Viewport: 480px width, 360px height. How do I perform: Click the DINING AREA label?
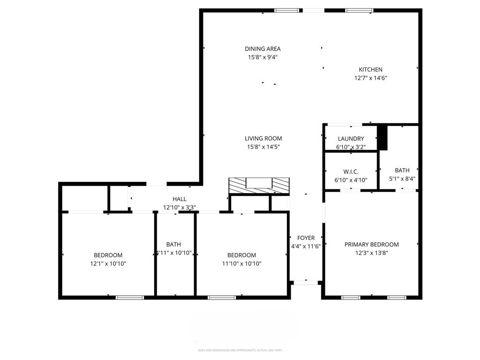(262, 49)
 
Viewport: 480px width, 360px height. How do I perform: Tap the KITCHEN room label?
(370, 70)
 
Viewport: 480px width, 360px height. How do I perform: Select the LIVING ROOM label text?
(263, 138)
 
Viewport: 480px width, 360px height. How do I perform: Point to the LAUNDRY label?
(351, 139)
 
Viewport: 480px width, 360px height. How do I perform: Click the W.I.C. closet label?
(351, 172)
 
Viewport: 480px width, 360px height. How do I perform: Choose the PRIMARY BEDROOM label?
(371, 244)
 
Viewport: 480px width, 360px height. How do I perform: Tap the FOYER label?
(306, 238)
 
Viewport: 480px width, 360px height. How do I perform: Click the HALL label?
(179, 199)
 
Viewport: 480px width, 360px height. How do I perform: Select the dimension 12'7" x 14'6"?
(370, 78)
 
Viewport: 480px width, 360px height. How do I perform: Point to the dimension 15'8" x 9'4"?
(262, 57)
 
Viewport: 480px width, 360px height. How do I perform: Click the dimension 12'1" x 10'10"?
(108, 263)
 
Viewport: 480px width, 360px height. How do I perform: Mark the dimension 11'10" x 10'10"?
(241, 263)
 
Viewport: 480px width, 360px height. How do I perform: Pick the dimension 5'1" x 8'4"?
(402, 179)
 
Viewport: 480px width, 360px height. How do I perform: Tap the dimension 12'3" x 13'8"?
(371, 253)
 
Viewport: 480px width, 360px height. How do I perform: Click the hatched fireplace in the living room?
(259, 186)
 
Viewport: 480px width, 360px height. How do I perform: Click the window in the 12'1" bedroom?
(130, 297)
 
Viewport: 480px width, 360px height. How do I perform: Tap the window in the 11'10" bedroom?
(222, 297)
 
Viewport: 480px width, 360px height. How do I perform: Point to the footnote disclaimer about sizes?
(240, 350)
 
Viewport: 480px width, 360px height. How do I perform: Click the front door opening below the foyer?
(306, 283)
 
